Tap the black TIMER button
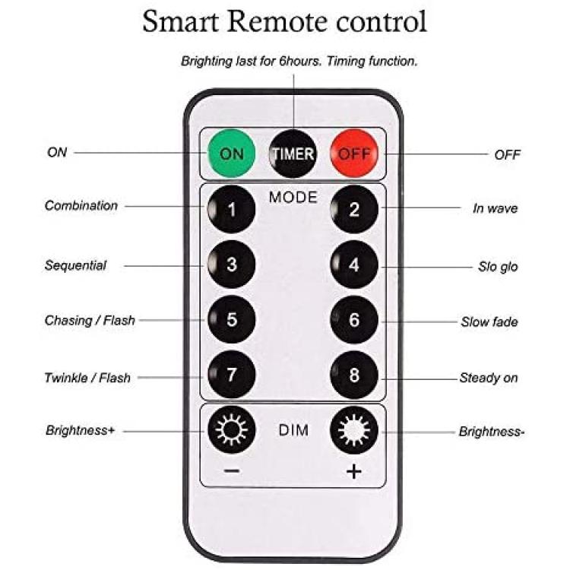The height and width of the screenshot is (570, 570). click(x=293, y=154)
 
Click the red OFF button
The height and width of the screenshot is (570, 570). click(x=354, y=154)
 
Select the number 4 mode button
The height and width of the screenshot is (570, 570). click(x=354, y=264)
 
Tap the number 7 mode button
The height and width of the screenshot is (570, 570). click(x=232, y=375)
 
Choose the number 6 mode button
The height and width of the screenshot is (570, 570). click(x=354, y=319)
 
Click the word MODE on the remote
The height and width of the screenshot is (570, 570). click(x=293, y=198)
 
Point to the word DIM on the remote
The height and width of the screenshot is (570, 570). click(x=293, y=430)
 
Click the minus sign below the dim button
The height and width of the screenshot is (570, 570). click(x=232, y=471)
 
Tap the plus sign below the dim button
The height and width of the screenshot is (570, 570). click(x=353, y=471)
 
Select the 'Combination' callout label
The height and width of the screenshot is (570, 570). click(x=81, y=206)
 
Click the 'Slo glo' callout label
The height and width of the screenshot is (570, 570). click(x=498, y=267)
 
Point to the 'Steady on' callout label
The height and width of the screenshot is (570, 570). click(x=489, y=378)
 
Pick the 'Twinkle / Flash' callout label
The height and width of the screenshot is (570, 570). click(x=87, y=378)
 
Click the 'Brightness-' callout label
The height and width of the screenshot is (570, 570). click(x=492, y=432)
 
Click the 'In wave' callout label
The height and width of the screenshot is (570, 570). click(x=495, y=208)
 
